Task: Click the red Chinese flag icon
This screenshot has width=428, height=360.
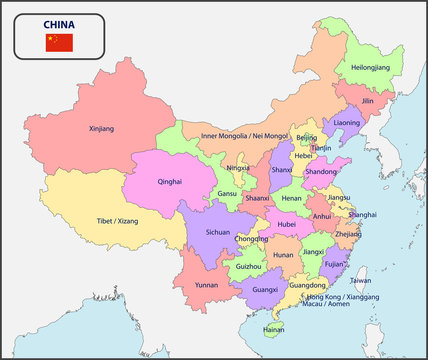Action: (x=59, y=42)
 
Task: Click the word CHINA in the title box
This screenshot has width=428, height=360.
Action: (x=59, y=22)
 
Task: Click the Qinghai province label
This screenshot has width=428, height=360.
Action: (x=170, y=182)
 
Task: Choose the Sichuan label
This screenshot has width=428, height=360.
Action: (x=218, y=231)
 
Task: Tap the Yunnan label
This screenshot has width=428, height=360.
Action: (x=206, y=284)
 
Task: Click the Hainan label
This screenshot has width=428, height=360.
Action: (x=274, y=328)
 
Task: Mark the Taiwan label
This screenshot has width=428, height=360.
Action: (x=361, y=281)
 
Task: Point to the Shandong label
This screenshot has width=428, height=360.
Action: (x=320, y=171)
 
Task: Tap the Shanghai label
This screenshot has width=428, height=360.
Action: (x=363, y=214)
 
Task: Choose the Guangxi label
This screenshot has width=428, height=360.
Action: (x=265, y=289)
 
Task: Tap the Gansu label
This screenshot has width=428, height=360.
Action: (x=228, y=193)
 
